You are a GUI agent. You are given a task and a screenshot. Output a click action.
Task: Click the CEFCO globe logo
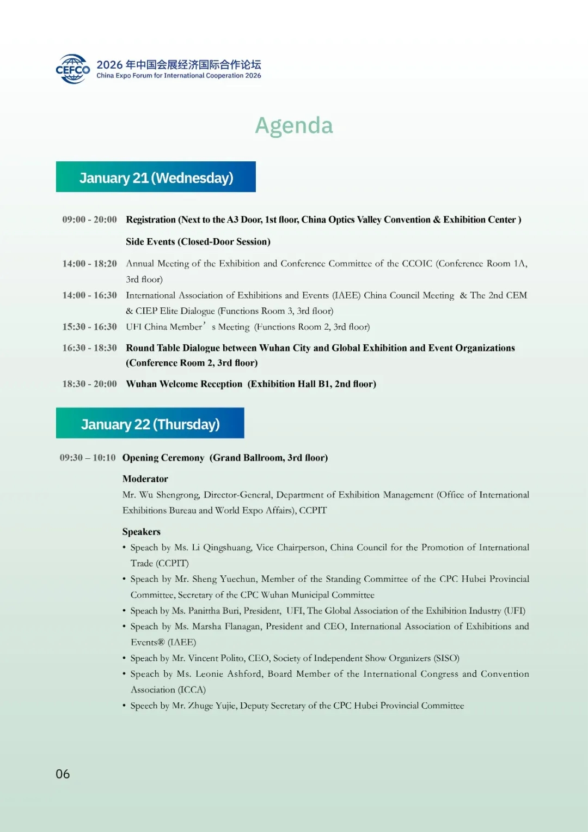[x=73, y=69]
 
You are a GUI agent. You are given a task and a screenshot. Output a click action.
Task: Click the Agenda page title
[x=294, y=125]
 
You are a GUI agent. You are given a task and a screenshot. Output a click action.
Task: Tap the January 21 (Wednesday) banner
[x=156, y=177]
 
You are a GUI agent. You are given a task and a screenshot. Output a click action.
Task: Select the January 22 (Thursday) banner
[x=150, y=423]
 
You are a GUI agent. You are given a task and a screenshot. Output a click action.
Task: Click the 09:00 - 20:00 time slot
[x=89, y=220]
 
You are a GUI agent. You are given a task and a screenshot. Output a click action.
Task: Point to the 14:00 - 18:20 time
[x=89, y=264]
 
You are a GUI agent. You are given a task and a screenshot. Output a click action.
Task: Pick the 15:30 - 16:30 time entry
[x=89, y=327]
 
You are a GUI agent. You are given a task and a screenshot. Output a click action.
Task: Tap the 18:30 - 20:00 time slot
[x=89, y=384]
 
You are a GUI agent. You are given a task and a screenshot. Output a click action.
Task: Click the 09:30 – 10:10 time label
[x=88, y=458]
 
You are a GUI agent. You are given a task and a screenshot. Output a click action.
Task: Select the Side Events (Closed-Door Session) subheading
[x=198, y=242]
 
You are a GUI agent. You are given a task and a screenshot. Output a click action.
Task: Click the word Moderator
[x=145, y=479]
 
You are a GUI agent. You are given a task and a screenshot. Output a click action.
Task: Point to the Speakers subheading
[x=142, y=532]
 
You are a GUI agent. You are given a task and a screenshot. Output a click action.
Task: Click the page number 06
[x=63, y=774]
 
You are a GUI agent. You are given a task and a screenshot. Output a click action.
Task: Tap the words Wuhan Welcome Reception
[x=184, y=384]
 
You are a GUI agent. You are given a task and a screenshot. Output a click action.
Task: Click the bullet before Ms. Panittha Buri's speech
[x=124, y=611]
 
